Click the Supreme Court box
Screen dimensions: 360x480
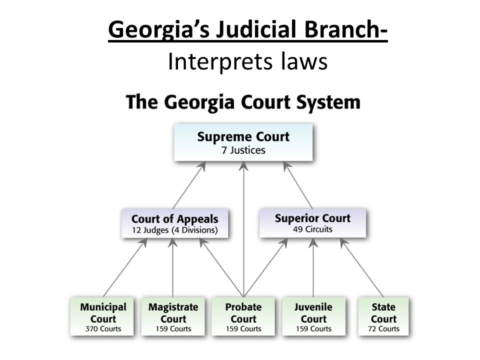(243, 142)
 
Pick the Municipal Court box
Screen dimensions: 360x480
(103, 316)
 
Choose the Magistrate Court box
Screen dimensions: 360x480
(173, 316)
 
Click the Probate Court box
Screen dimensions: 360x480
(243, 316)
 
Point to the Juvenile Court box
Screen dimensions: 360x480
(313, 316)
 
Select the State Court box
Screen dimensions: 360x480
(383, 316)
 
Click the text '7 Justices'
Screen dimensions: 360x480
(243, 149)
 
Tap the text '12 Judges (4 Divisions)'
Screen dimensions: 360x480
(174, 230)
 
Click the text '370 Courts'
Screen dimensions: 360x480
(103, 328)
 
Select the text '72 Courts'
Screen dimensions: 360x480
(383, 328)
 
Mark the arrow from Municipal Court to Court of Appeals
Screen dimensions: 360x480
(124, 267)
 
